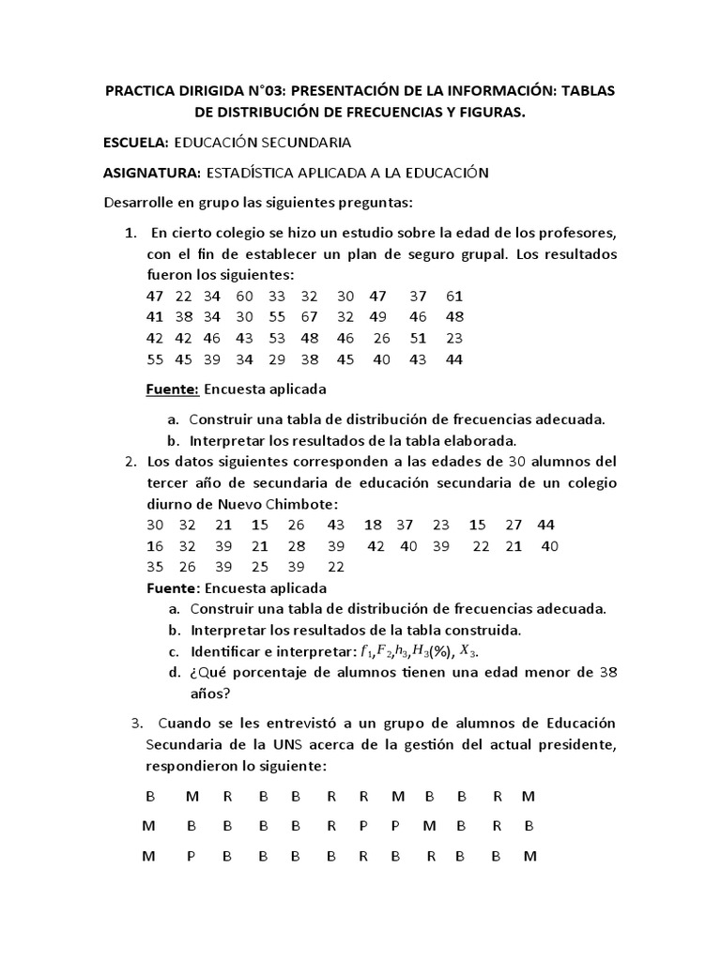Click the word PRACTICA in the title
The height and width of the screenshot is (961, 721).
tap(142, 90)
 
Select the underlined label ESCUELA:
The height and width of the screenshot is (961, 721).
tap(135, 143)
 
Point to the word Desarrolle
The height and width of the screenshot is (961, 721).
tap(139, 203)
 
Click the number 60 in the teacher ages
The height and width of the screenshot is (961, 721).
tap(245, 296)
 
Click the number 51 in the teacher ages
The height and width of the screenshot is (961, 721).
tap(419, 338)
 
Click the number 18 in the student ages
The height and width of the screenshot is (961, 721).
tap(374, 524)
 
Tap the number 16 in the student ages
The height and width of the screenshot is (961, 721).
tap(155, 545)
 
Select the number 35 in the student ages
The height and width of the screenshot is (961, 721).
tap(155, 567)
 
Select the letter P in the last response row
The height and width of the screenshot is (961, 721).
tap(191, 856)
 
